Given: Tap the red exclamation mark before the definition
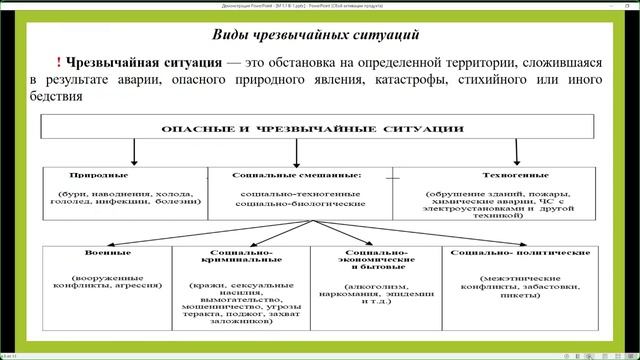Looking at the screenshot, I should click(59, 63).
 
